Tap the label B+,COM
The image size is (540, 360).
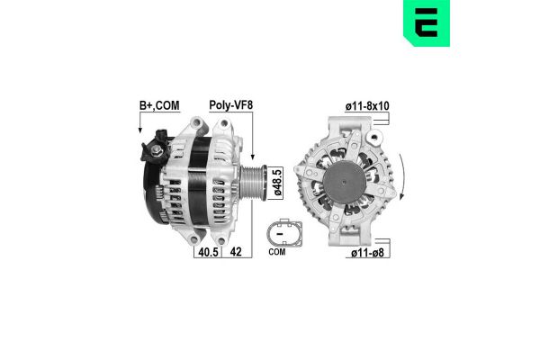coord(158,104)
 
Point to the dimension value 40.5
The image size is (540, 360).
coord(208,253)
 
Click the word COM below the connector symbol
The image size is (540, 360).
coord(277,254)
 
